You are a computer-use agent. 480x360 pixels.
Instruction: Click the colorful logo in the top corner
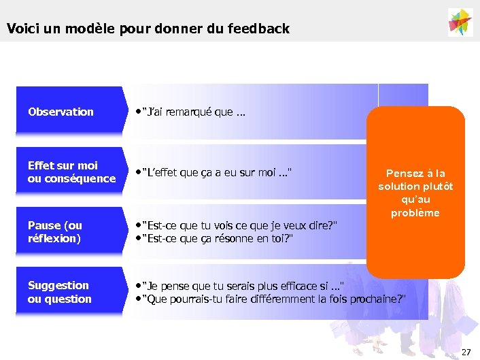[460, 22]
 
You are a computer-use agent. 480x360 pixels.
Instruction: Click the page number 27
[466, 352]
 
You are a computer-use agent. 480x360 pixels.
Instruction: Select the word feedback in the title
[258, 29]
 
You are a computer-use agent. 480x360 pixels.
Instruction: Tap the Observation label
[61, 112]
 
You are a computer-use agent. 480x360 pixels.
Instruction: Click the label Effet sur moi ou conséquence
[71, 171]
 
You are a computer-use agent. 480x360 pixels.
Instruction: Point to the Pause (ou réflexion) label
[54, 231]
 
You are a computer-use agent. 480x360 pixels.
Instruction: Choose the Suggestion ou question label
[59, 292]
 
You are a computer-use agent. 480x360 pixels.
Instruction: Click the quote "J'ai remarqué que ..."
[193, 112]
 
